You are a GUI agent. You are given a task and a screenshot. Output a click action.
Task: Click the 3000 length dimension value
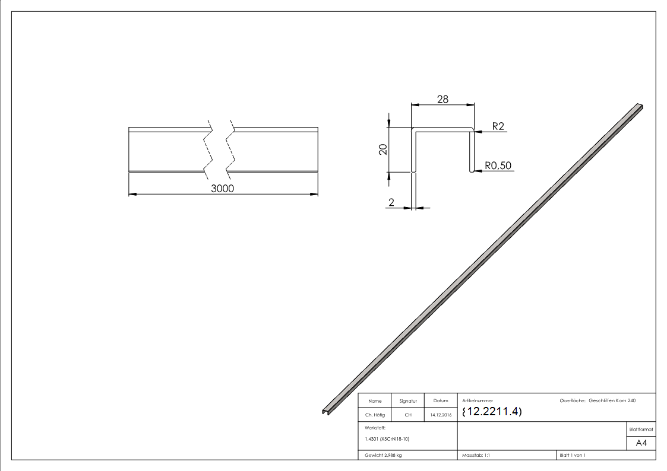click(223, 189)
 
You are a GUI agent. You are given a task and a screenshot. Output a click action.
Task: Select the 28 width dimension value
click(442, 99)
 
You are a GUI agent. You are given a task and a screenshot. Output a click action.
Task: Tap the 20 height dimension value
click(384, 149)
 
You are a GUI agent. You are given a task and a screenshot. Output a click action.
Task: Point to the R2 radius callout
click(498, 126)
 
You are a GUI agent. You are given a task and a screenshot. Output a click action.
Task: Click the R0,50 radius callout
click(498, 166)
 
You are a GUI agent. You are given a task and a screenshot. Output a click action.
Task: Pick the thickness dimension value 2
click(391, 202)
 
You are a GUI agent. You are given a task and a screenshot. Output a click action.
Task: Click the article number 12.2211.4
click(492, 412)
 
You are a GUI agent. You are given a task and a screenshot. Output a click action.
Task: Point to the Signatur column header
click(408, 402)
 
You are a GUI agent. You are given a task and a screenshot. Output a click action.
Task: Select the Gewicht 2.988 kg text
click(383, 455)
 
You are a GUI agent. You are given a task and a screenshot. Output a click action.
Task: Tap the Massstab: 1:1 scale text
click(476, 455)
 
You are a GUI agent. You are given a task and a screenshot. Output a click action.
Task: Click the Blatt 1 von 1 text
click(572, 455)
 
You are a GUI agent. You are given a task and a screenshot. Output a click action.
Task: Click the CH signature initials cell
click(408, 415)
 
